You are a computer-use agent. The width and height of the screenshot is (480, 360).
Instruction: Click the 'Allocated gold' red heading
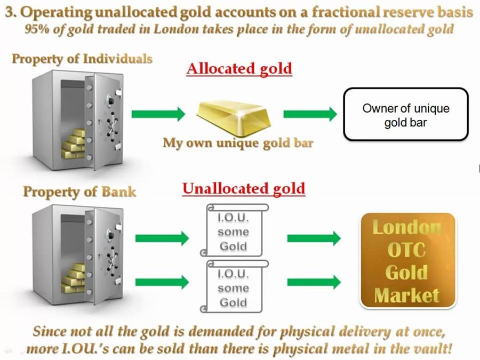coord(239,68)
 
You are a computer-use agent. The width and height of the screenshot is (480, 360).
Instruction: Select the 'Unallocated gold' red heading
coord(244,188)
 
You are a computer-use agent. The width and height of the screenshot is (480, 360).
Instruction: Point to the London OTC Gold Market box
coord(408,261)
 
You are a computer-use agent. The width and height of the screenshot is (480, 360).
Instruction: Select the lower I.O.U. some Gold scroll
coord(233,287)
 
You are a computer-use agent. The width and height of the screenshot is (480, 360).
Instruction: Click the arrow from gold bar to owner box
coord(310,114)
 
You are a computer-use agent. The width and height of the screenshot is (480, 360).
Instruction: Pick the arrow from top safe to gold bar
coord(158,114)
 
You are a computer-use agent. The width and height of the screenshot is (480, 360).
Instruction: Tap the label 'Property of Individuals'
coord(82,59)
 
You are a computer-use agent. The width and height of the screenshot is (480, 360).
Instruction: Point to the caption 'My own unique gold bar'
coord(238,142)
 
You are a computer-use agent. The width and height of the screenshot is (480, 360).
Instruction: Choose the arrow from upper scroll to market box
coord(314,238)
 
